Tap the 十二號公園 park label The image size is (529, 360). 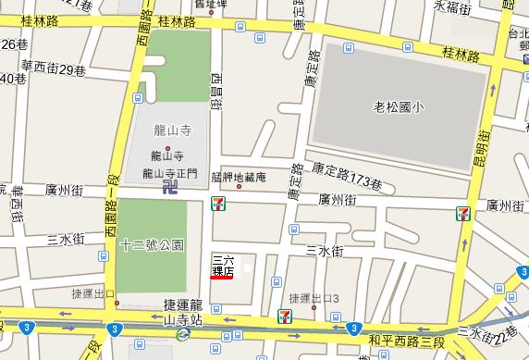[x=153, y=246]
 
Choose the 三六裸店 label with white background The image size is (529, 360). [x=223, y=265]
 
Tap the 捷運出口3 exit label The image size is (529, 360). [x=314, y=298]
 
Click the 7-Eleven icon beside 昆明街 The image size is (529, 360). [x=462, y=215]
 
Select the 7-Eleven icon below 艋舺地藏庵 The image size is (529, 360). [x=217, y=200]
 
